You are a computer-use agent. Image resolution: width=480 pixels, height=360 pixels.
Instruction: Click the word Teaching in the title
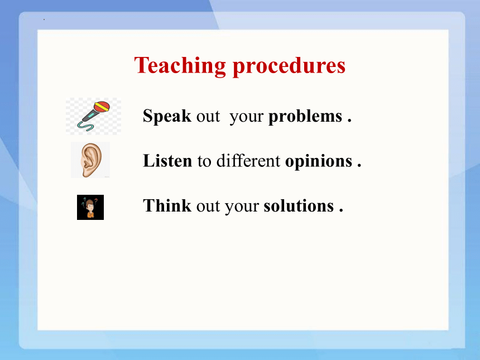point(180,66)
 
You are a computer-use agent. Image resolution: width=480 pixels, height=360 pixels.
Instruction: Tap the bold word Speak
point(167,117)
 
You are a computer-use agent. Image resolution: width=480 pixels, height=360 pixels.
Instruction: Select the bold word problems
point(305,116)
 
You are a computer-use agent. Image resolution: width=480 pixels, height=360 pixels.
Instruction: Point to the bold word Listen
point(167,161)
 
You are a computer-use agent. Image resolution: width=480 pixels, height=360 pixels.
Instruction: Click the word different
point(248,161)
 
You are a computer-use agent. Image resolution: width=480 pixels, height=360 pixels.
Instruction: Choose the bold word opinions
point(319,162)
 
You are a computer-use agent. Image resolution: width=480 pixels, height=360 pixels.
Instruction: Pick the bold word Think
point(167,205)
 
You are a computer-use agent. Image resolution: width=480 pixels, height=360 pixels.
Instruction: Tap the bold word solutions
point(299,205)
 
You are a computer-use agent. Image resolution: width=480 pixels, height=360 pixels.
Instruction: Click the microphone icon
point(93,116)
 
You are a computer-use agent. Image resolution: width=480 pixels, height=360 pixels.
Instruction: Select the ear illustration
point(90,160)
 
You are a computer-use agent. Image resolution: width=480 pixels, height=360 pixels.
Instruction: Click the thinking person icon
point(90,207)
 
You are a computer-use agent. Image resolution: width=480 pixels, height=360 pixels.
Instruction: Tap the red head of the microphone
point(102,107)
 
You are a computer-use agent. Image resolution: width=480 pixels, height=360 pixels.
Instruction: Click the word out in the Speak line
point(208,117)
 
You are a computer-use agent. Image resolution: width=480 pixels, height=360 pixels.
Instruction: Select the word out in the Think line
point(208,206)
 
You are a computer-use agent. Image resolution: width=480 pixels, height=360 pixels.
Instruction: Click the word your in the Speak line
point(247,118)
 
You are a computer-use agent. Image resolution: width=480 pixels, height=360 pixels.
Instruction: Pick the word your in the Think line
point(242,207)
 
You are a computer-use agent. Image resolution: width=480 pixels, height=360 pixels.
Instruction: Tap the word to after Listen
point(204,161)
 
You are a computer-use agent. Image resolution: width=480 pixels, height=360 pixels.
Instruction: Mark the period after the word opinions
point(359,166)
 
